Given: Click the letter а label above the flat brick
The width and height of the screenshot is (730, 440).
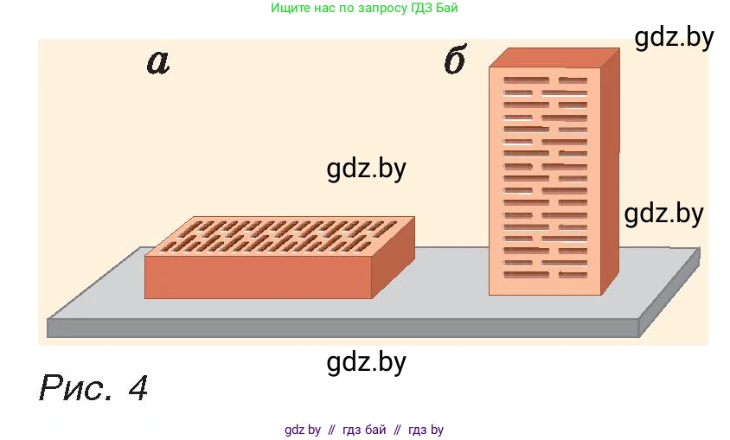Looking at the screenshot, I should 157,61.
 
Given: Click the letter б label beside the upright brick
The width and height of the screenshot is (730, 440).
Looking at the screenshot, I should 455,61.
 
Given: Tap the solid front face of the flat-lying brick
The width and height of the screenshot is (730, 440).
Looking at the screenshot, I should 258,276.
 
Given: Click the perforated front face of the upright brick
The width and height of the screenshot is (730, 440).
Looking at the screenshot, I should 545,182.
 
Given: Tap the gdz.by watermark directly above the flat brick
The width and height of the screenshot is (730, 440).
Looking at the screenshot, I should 367,169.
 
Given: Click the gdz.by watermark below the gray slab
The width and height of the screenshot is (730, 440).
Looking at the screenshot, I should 367,362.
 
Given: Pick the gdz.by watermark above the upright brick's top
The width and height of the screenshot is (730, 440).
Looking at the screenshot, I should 674,38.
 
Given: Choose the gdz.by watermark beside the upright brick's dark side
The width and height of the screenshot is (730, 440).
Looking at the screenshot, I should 663,214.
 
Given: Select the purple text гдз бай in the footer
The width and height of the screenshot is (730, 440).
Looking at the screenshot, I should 364,430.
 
